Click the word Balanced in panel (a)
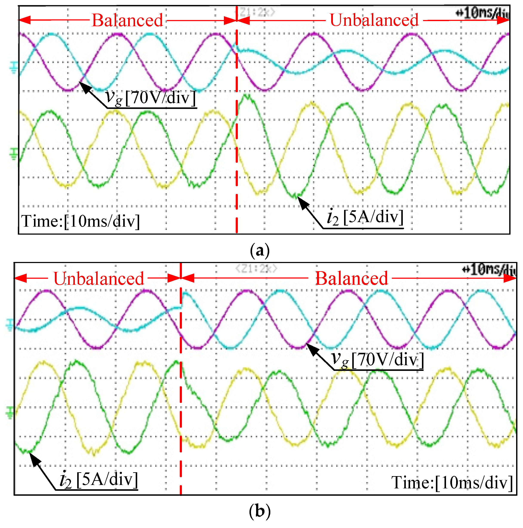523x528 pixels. (127, 20)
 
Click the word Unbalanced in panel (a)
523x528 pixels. (374, 20)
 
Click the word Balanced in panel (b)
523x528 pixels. (351, 279)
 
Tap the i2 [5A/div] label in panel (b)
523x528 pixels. (98, 480)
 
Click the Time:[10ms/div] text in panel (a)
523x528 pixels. (81, 221)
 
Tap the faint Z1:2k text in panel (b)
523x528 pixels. (256, 269)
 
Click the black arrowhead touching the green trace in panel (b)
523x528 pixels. (34, 459)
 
